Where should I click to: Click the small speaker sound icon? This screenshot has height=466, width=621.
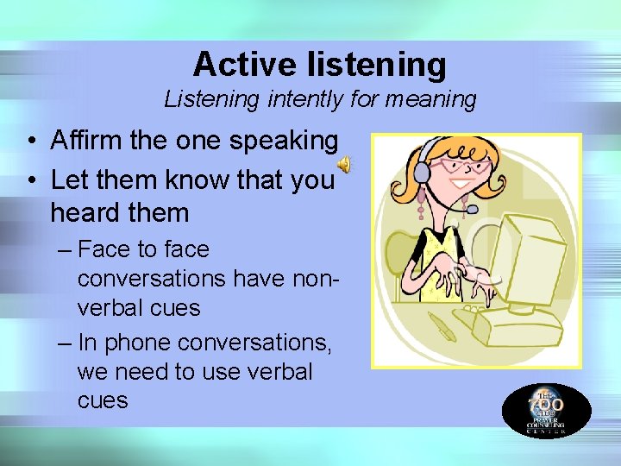click(344, 164)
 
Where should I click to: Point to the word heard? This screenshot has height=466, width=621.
click(85, 211)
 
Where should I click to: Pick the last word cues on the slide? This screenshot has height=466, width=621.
click(102, 400)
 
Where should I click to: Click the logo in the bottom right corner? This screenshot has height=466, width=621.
click(546, 411)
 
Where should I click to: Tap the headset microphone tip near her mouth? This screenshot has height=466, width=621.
click(472, 208)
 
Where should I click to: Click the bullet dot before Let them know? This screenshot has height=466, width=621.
click(29, 180)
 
